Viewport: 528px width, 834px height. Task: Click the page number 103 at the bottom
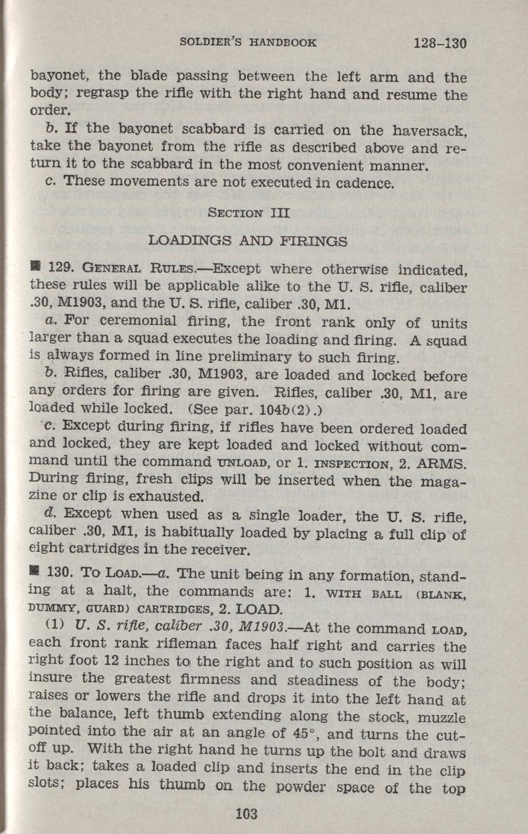(246, 813)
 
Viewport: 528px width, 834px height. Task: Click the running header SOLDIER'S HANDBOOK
(248, 42)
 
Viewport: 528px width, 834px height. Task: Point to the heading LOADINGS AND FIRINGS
(248, 241)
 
